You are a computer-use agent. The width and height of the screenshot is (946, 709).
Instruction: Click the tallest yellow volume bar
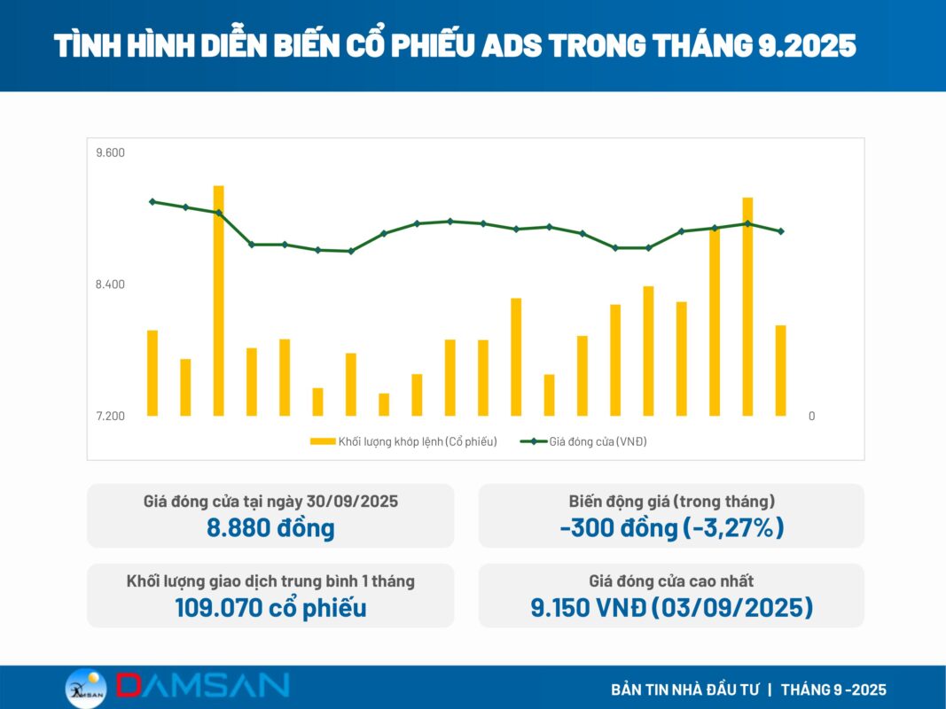point(218,300)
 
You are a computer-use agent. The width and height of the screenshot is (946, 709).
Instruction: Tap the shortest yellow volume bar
point(384,405)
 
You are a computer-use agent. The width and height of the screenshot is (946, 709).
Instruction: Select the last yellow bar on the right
point(780,370)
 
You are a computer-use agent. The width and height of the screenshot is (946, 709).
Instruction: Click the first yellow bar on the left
point(152,373)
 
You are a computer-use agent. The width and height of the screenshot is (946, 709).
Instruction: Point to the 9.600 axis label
point(111,152)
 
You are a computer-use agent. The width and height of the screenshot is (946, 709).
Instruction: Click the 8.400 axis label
point(111,284)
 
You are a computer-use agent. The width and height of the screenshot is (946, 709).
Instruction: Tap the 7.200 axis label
point(111,417)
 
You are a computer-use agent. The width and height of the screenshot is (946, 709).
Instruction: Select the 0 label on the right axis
point(811,417)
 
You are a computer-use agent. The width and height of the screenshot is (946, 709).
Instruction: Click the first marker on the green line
point(152,201)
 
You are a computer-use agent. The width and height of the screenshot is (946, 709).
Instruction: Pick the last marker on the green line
point(780,231)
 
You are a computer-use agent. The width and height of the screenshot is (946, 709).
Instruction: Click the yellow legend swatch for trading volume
point(322,441)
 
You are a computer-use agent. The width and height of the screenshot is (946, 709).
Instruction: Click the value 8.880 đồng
point(270,529)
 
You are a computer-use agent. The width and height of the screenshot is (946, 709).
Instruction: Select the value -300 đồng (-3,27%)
point(671,529)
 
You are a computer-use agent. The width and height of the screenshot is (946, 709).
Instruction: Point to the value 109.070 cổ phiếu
point(270,608)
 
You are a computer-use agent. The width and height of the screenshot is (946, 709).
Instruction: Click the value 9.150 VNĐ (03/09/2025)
point(671,608)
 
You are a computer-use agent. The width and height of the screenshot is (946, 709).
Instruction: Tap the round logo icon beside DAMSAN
point(86,688)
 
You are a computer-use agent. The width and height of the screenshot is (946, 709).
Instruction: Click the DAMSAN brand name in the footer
point(202,685)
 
